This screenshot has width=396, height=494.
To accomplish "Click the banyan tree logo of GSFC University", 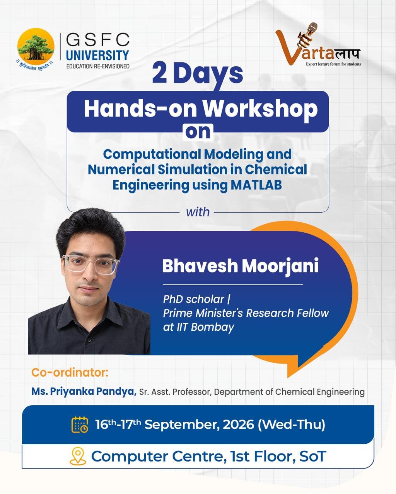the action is tap(36, 47).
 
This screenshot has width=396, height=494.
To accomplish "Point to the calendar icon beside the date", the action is tap(80, 425).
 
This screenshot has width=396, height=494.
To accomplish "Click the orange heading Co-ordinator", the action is tap(70, 372).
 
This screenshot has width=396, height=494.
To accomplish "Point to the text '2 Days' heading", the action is tap(198, 74).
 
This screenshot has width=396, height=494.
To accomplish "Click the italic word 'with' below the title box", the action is tap(198, 212).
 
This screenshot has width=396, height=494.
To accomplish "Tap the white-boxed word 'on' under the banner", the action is tap(198, 132).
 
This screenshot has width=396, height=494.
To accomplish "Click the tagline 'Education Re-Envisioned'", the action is tap(98, 66).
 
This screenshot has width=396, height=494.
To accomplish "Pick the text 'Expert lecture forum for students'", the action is tap(333, 64).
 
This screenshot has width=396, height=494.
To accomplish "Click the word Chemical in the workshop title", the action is tap(276, 169).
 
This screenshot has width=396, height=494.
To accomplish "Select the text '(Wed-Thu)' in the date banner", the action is tap(291, 425).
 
